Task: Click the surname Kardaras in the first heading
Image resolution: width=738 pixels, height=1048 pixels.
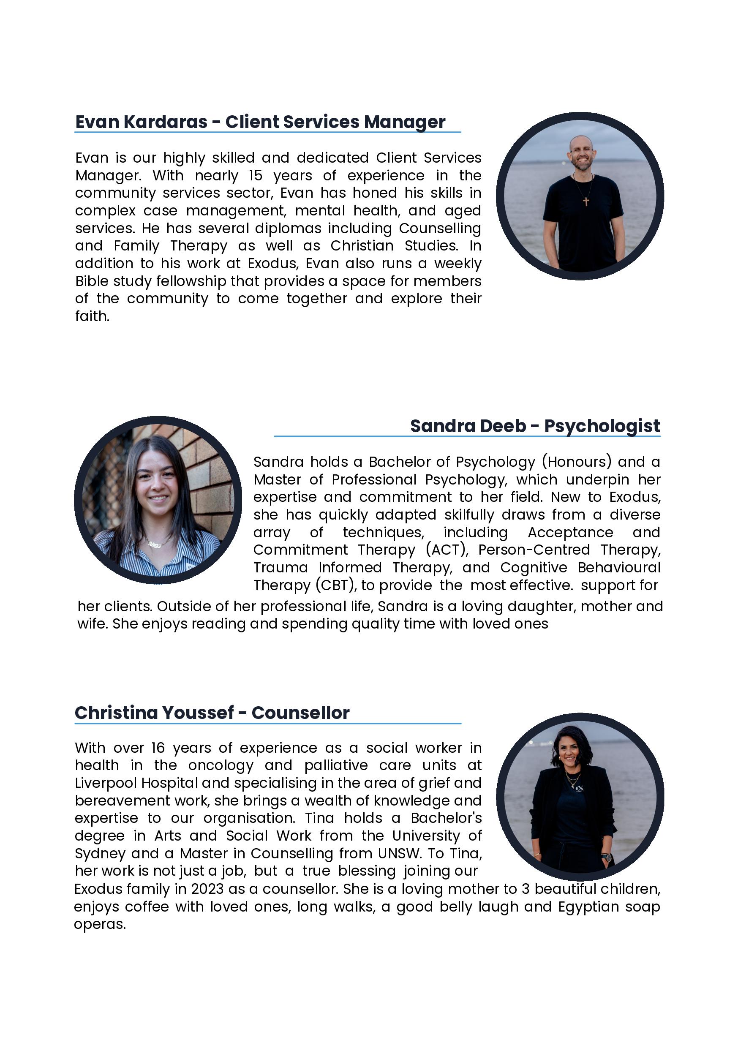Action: pyautogui.click(x=165, y=122)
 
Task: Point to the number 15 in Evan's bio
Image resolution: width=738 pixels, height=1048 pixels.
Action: pyautogui.click(x=255, y=175)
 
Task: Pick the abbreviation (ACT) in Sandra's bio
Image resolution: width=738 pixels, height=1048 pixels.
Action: pyautogui.click(x=447, y=550)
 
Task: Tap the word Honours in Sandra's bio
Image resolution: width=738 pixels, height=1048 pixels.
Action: pyautogui.click(x=577, y=462)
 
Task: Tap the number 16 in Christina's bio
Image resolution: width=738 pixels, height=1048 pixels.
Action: pyautogui.click(x=158, y=748)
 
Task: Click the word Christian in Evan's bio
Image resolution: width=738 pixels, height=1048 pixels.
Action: pyautogui.click(x=362, y=245)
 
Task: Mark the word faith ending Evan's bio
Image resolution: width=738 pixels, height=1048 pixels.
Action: pyautogui.click(x=92, y=316)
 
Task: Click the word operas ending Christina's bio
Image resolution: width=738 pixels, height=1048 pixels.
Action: pyautogui.click(x=100, y=924)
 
